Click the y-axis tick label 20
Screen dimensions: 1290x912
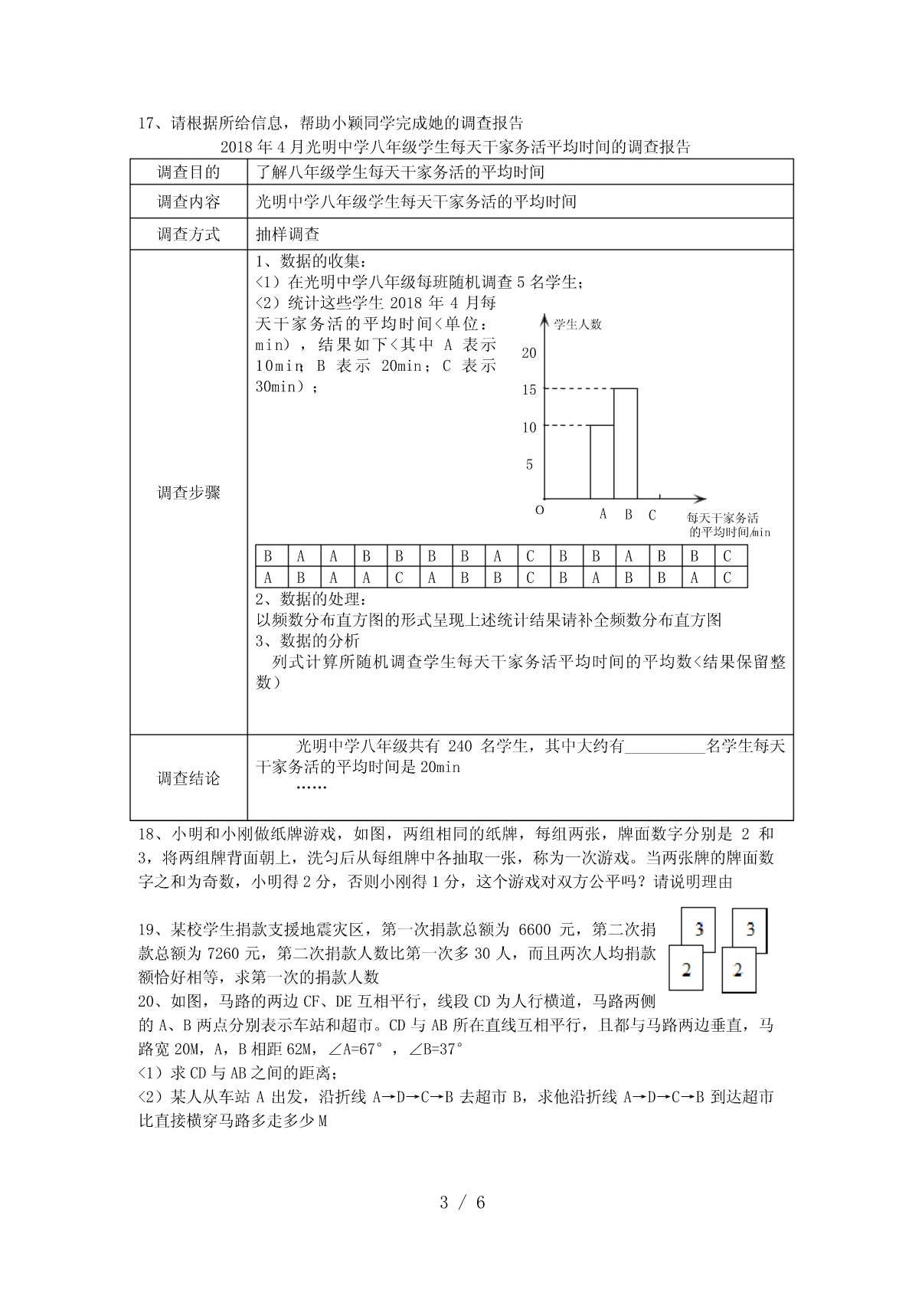[528, 353]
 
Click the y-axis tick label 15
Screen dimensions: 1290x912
[528, 390]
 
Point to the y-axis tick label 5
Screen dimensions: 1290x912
[529, 465]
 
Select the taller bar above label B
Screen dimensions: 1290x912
[625, 444]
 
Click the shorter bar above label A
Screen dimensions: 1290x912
[601, 462]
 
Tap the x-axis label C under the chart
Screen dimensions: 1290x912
[652, 516]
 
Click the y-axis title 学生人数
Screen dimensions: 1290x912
[578, 324]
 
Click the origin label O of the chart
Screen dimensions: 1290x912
[539, 510]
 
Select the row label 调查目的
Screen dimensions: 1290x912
[188, 172]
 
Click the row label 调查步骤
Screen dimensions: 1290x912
[188, 493]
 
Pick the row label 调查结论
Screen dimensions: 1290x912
[188, 778]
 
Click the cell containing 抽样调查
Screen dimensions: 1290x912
[287, 234]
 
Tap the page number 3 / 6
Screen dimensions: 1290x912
[463, 1203]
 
